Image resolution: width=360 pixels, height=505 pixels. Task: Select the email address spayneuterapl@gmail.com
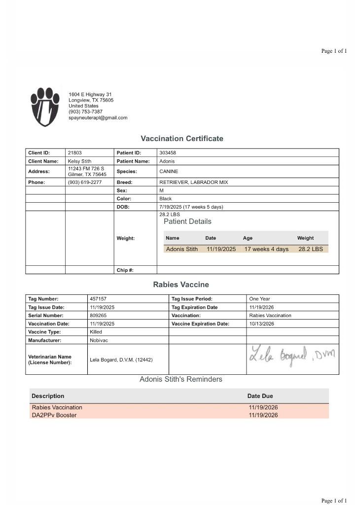98,118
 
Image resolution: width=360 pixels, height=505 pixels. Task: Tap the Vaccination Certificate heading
182,139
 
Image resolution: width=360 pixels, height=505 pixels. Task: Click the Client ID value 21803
74,153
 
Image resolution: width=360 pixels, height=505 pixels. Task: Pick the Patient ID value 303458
168,153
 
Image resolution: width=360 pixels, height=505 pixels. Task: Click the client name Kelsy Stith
79,161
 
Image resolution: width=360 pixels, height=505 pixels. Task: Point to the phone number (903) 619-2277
85,182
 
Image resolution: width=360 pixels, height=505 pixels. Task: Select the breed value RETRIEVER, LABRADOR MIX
194,182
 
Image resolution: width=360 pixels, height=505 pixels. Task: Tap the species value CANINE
169,172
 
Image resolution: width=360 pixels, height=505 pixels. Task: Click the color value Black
165,199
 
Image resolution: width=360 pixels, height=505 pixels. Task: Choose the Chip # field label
125,270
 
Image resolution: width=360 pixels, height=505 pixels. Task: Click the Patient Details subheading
187,221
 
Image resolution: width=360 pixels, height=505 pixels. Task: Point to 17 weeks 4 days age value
266,249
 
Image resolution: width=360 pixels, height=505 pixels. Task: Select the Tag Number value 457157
98,299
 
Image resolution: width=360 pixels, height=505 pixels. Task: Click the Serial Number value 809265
98,316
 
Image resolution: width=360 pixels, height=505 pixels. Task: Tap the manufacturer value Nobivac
99,340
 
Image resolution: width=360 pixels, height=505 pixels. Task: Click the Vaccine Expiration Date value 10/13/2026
261,324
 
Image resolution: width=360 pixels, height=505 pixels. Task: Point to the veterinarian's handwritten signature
292,354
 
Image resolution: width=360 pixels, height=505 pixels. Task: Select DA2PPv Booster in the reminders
54,415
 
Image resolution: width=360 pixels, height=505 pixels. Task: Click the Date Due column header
260,396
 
